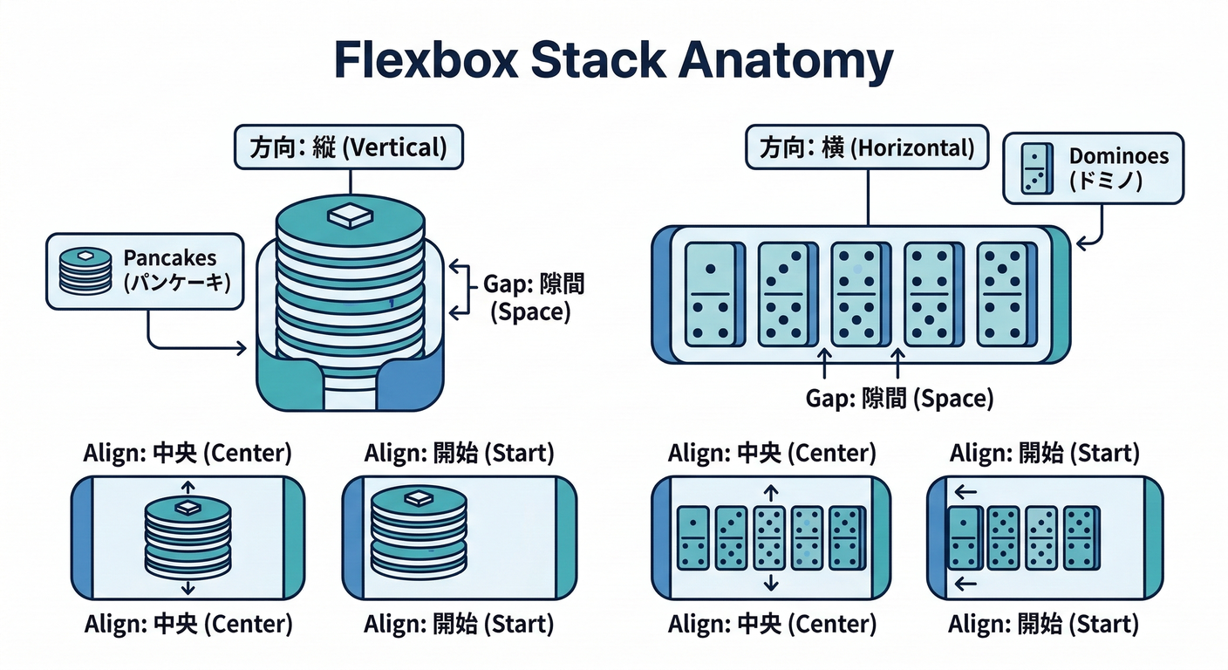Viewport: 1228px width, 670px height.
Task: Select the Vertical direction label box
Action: click(x=348, y=147)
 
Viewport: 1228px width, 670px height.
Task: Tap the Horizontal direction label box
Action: click(x=867, y=147)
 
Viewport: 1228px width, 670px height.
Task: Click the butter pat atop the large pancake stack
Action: click(x=349, y=215)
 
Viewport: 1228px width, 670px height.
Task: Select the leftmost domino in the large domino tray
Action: click(x=712, y=294)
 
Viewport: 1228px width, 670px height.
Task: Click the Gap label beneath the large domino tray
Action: click(x=899, y=399)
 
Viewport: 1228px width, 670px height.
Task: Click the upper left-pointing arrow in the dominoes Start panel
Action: click(x=965, y=493)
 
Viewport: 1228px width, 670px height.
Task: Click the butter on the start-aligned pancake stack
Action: click(x=418, y=498)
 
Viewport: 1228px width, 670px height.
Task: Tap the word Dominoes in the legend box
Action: click(x=1119, y=157)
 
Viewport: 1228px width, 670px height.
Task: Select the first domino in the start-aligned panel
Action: click(x=964, y=537)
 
